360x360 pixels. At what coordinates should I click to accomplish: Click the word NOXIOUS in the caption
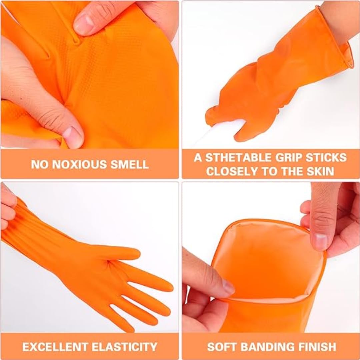(80, 164)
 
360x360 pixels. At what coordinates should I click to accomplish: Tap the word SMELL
(129, 164)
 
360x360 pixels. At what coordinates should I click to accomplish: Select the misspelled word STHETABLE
(238, 157)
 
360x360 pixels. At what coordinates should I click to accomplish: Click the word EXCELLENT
(55, 347)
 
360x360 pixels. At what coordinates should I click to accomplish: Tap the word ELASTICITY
(124, 347)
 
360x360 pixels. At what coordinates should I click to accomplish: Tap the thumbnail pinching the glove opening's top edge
(320, 241)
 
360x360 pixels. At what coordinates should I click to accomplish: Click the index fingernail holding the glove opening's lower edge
(228, 286)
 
